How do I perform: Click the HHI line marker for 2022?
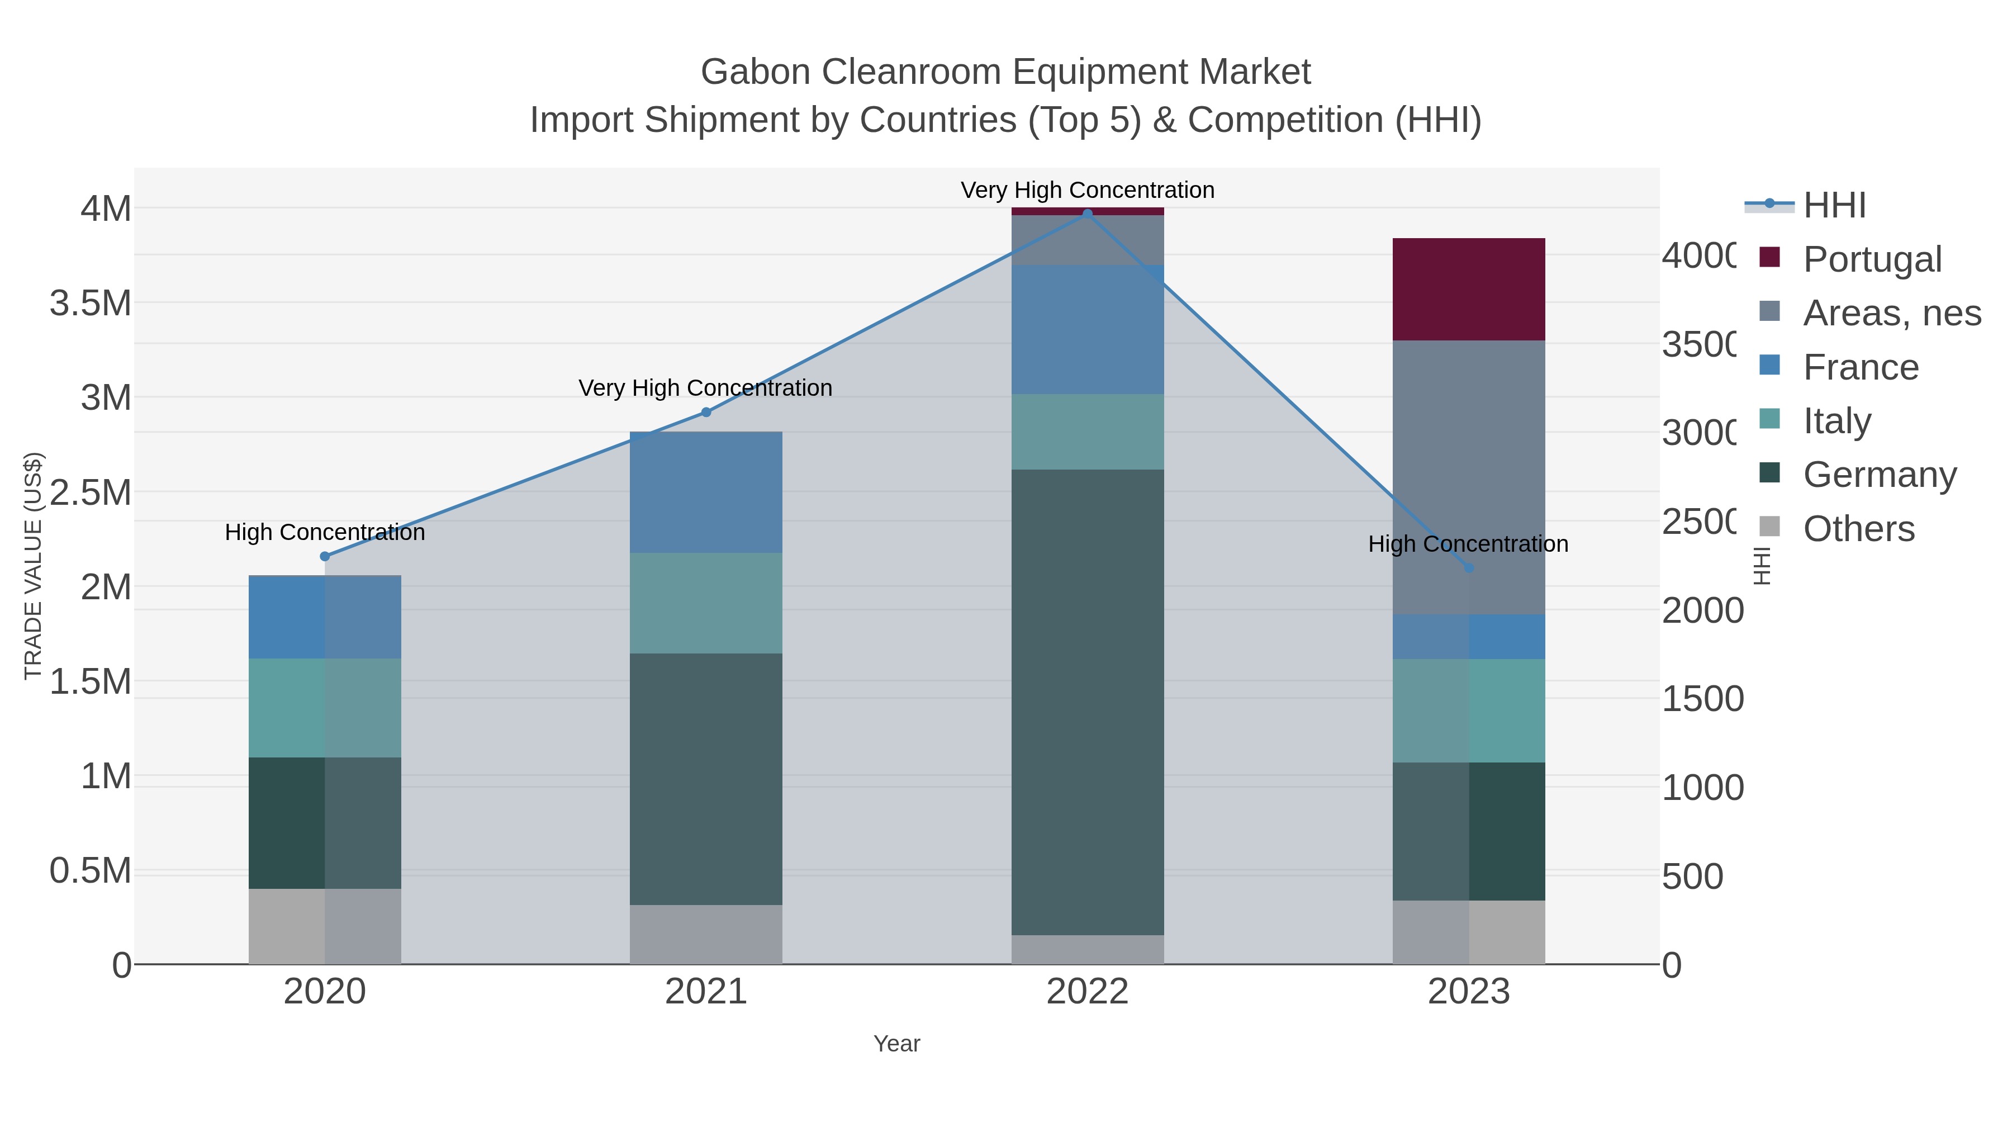[x=1087, y=214]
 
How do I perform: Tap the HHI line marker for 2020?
[x=325, y=556]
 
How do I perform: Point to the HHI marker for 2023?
[x=1468, y=568]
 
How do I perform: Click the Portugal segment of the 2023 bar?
[x=1468, y=289]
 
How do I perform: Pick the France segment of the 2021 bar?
[x=706, y=492]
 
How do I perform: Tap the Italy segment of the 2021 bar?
[x=706, y=603]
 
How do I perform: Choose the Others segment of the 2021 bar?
[x=706, y=934]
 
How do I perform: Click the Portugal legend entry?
[x=1871, y=259]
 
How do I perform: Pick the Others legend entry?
[x=1858, y=529]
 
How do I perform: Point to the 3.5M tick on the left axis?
[x=91, y=303]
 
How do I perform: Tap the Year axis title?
[x=896, y=1044]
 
